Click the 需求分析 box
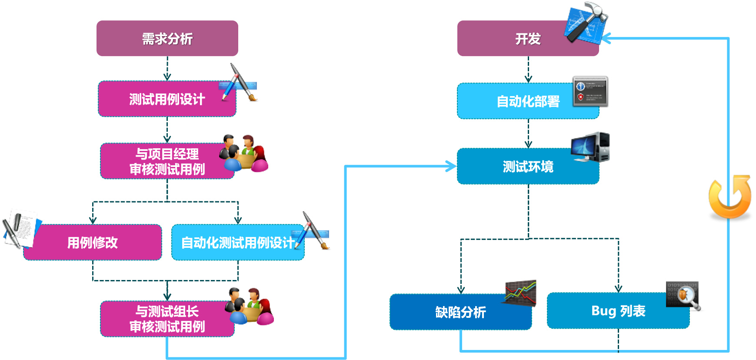point(167,39)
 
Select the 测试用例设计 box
point(167,99)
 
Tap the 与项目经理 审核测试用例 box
point(167,161)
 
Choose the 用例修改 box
point(93,243)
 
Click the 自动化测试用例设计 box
point(237,243)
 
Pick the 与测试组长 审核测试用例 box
point(167,319)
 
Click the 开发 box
point(528,39)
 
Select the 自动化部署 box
point(528,101)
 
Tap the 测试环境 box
point(528,167)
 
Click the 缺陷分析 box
point(460,312)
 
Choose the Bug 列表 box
point(618,311)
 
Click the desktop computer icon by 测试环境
point(591,147)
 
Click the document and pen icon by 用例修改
point(21,227)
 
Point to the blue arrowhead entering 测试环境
point(452,166)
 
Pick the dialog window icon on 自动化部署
point(590,91)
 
